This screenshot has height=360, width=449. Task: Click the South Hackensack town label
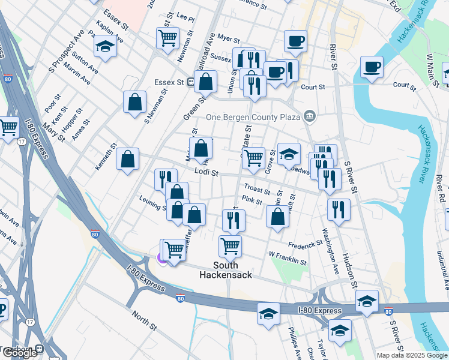coord(225,270)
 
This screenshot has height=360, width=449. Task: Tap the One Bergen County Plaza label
coord(254,117)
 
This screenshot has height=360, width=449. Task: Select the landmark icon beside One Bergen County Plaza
coord(310,115)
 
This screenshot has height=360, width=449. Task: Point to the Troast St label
coord(258,190)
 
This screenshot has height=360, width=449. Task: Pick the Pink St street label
coord(252,201)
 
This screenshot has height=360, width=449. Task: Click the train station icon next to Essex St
coord(190,82)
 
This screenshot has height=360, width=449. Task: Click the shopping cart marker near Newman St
coord(167,38)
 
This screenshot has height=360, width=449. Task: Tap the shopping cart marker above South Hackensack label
coord(231,245)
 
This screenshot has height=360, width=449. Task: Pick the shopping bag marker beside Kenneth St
coord(127,160)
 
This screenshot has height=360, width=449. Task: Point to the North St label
coord(144,318)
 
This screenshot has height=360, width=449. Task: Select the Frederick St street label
coord(305,245)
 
